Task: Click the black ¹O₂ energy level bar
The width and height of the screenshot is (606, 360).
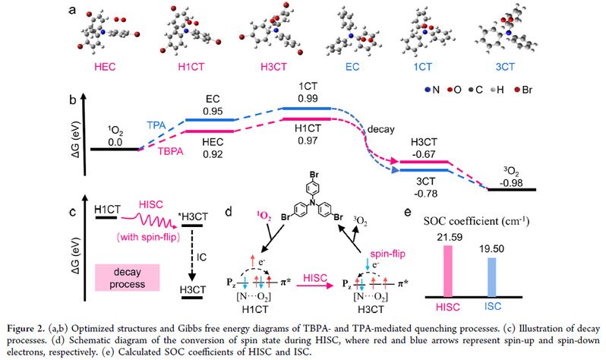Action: tap(114, 149)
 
